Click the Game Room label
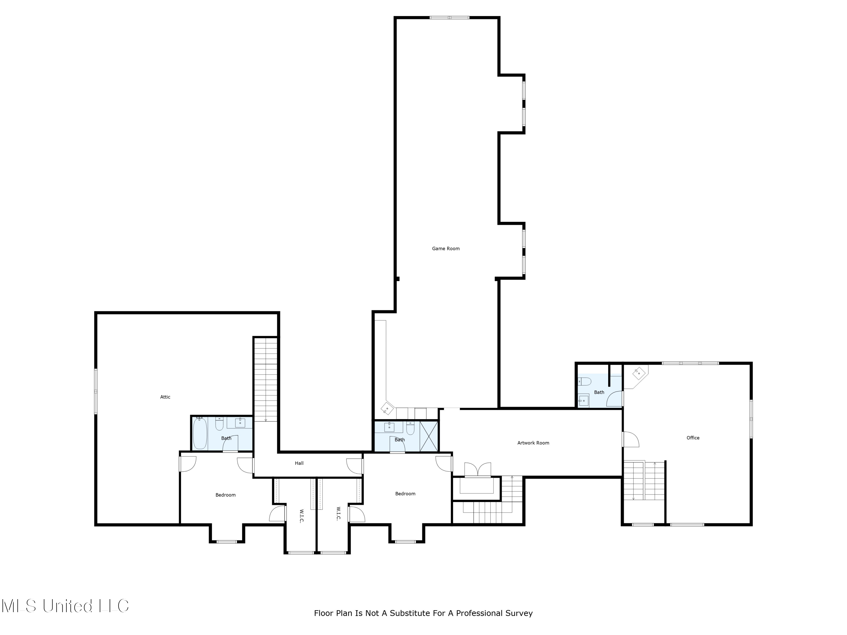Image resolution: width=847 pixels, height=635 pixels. point(446,248)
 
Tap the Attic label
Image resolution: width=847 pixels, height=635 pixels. point(165,397)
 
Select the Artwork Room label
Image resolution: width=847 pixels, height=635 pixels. point(533,443)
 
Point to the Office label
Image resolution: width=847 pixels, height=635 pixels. point(693,437)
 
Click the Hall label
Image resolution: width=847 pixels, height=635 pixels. point(299,463)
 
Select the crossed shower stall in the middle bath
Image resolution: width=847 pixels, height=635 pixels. point(429,436)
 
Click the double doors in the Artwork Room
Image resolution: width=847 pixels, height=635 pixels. point(477,470)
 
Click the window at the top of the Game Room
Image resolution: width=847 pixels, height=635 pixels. point(449,17)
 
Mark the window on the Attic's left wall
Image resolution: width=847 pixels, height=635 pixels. point(96,391)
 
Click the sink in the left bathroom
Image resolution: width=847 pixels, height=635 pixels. point(240,422)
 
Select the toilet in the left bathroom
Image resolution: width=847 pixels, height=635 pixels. point(219,424)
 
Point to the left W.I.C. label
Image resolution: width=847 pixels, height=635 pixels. point(301,516)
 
